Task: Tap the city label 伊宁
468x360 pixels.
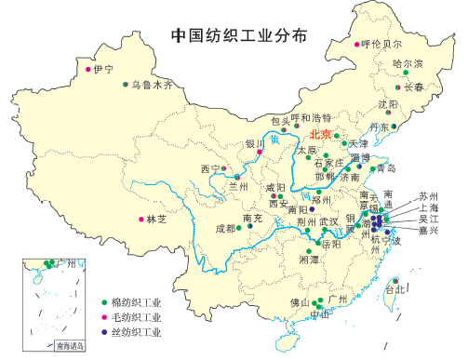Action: [x=103, y=70]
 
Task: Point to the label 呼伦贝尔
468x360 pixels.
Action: [x=381, y=43]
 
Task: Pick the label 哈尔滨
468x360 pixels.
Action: [x=408, y=63]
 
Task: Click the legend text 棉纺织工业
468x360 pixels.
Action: [x=136, y=303]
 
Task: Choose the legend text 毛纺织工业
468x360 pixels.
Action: [x=136, y=317]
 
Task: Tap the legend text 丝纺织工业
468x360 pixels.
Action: [x=136, y=331]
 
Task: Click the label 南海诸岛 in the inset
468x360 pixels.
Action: [x=69, y=346]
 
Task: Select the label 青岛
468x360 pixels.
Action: [x=386, y=168]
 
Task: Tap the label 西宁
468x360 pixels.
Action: [x=210, y=168]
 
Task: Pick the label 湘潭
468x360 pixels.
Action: [x=308, y=260]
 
